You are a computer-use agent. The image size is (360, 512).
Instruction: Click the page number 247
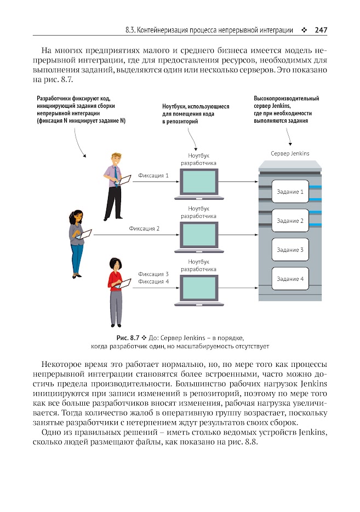[321, 30]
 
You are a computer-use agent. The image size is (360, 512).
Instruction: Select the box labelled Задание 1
[290, 191]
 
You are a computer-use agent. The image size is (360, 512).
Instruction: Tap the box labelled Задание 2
[290, 221]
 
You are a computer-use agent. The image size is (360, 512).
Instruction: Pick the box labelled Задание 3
[290, 250]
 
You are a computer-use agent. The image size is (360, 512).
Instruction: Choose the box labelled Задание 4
[290, 279]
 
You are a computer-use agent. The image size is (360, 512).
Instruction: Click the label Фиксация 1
[153, 175]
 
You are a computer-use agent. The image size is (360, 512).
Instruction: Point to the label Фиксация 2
[144, 228]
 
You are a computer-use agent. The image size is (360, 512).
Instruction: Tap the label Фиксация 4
[153, 281]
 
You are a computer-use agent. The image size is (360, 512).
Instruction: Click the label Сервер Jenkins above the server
[290, 153]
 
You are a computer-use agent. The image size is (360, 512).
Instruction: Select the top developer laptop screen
[199, 182]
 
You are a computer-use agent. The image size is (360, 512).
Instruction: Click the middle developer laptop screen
[199, 234]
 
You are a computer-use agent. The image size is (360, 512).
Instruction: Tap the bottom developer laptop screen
[199, 287]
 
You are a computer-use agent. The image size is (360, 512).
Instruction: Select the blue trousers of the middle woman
[77, 258]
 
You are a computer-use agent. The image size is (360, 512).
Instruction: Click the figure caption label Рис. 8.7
[128, 338]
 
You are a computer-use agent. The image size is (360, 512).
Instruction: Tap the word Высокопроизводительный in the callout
[286, 98]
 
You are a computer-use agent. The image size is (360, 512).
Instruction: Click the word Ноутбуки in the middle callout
[174, 106]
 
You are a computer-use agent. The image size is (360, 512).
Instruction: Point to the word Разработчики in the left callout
[54, 98]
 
